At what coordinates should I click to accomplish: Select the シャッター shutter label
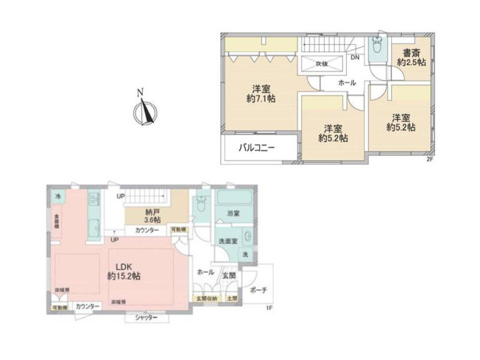[x=149, y=317]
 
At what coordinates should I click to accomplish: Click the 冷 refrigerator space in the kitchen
[x=59, y=196]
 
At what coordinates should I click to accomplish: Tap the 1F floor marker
[x=269, y=307]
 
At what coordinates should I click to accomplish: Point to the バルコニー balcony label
[x=257, y=148]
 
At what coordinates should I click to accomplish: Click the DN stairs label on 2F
[x=355, y=56]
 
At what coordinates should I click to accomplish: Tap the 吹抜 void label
[x=321, y=64]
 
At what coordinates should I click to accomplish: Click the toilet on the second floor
[x=377, y=47]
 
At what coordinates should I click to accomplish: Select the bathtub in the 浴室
[x=233, y=200]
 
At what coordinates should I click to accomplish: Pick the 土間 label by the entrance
[x=232, y=297]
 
